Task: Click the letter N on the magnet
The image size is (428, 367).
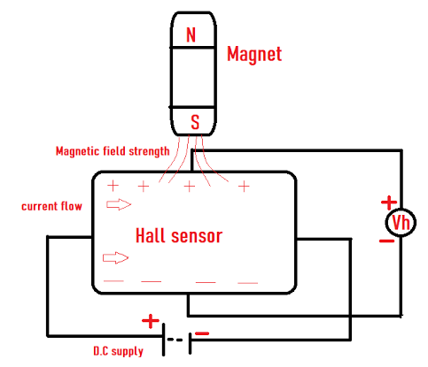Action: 191,35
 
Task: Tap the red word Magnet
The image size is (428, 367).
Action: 254,54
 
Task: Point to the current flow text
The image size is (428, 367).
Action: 52,206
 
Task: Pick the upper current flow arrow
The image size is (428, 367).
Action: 117,205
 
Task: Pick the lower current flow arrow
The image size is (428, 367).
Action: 116,258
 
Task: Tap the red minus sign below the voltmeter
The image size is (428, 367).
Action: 387,241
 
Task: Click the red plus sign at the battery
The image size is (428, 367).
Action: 152,320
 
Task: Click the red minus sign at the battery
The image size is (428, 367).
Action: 203,333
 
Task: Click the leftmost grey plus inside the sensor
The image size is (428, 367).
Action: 113,186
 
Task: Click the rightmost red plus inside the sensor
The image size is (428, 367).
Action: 244,187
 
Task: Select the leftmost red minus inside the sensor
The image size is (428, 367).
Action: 113,281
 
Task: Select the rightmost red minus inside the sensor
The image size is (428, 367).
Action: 247,283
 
